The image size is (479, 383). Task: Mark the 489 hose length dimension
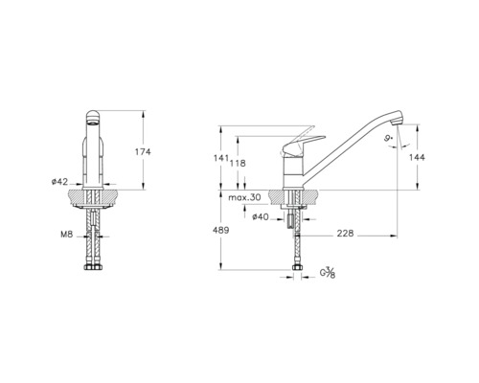[x=220, y=231]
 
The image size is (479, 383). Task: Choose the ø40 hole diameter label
[x=260, y=217]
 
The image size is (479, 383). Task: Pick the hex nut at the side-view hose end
[x=294, y=267]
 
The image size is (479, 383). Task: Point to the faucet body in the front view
[x=94, y=158]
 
